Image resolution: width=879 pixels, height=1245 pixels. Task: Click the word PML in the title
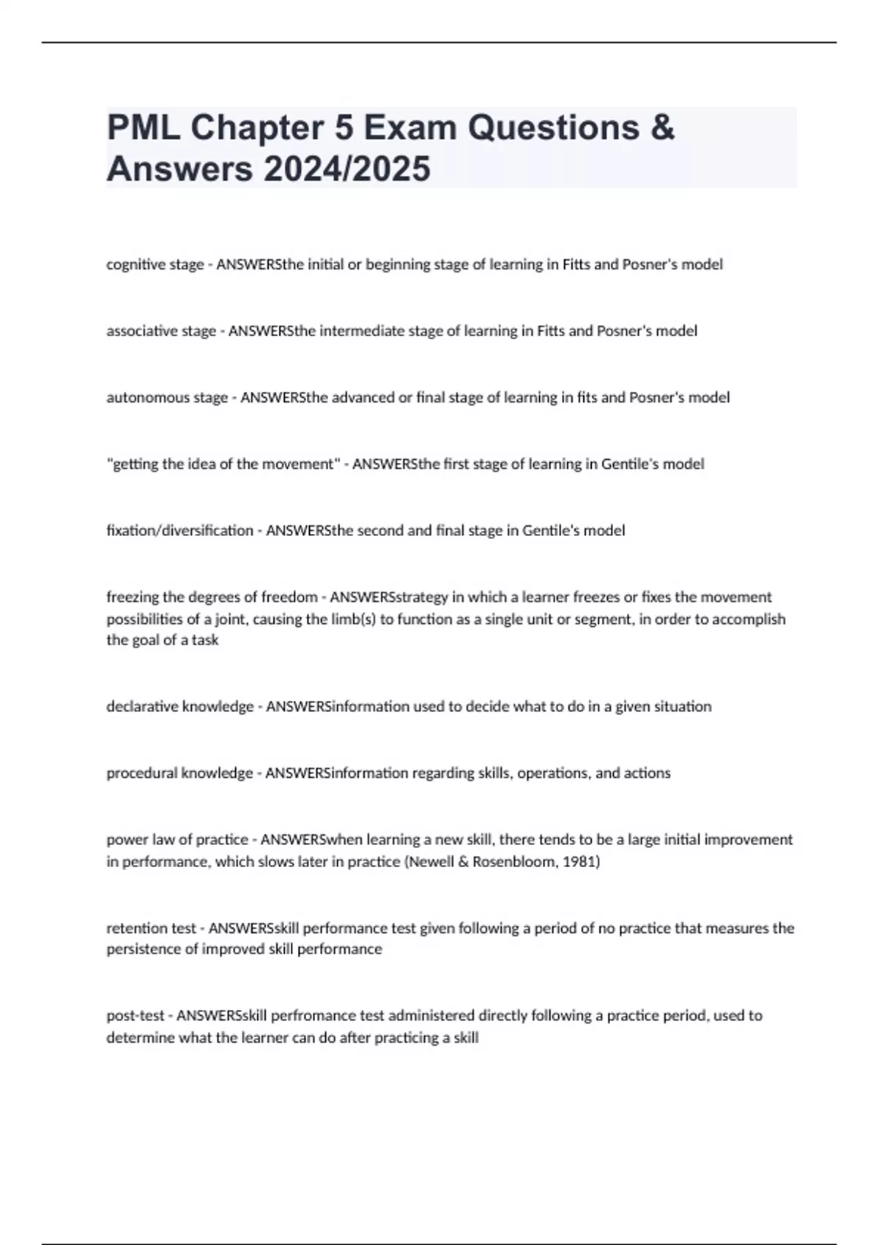(144, 128)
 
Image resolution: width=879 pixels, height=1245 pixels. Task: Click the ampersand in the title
(661, 128)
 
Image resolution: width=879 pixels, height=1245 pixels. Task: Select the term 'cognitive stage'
(155, 264)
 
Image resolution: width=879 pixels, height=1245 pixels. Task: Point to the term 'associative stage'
(161, 331)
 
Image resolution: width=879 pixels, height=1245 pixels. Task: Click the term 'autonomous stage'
(167, 398)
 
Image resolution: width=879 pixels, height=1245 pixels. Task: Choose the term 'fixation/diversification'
(179, 531)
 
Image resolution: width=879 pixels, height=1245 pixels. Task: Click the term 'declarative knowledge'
(179, 707)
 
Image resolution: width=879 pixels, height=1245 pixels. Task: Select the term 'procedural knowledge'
(179, 773)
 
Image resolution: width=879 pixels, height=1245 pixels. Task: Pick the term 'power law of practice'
(177, 840)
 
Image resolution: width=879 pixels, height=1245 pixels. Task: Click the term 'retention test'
(151, 929)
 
